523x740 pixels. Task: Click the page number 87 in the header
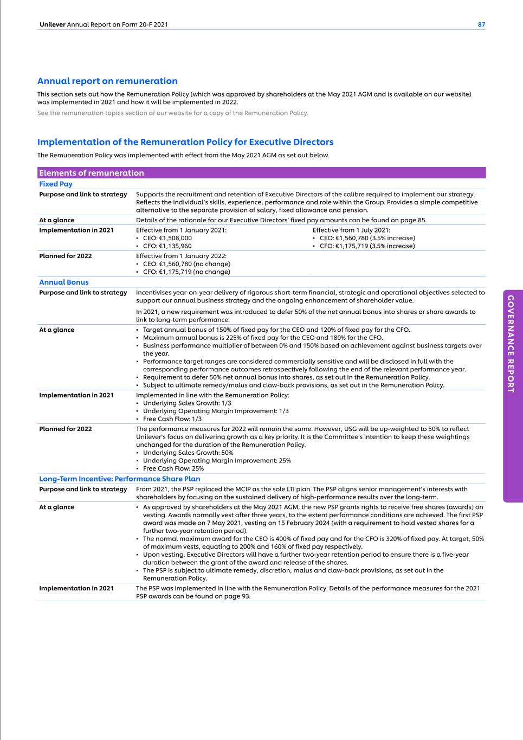481,24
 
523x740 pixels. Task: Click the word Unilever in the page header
53,24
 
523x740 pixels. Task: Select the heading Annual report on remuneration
107,81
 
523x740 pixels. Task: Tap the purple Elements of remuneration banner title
92,173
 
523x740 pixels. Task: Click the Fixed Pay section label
56,184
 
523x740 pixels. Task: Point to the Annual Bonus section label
64,282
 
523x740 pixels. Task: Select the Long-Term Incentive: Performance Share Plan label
120,479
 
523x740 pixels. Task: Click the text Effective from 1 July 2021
351,230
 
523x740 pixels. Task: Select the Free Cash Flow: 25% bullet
173,468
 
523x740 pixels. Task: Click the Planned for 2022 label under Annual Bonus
66,429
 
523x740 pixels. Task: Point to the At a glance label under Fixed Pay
57,220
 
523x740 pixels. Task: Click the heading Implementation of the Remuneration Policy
185,142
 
